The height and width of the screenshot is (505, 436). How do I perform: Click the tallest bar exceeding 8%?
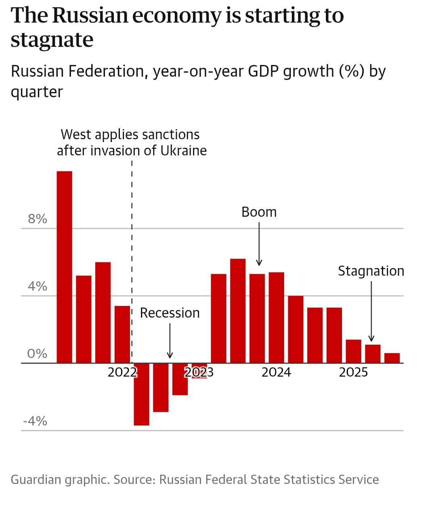64,266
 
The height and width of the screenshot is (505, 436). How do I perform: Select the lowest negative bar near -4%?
141,394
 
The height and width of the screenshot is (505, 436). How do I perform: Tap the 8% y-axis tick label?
37,219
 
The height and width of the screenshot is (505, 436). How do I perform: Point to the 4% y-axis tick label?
37,287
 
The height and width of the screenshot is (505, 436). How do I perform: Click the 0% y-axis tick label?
37,354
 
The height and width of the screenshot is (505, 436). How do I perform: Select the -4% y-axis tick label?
35,421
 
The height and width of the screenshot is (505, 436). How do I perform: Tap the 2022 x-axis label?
122,372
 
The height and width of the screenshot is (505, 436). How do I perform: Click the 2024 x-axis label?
276,372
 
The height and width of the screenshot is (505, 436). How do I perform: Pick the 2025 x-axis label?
353,372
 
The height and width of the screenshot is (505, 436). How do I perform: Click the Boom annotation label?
259,212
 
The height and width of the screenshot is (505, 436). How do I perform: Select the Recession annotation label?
170,313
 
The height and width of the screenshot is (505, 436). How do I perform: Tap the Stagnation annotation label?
371,271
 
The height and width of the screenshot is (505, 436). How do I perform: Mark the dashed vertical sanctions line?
132,242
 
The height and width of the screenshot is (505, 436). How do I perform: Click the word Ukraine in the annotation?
183,151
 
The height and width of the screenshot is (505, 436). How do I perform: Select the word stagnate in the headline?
52,40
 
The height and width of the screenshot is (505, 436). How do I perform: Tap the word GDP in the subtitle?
264,71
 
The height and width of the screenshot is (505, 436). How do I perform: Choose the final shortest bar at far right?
392,358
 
